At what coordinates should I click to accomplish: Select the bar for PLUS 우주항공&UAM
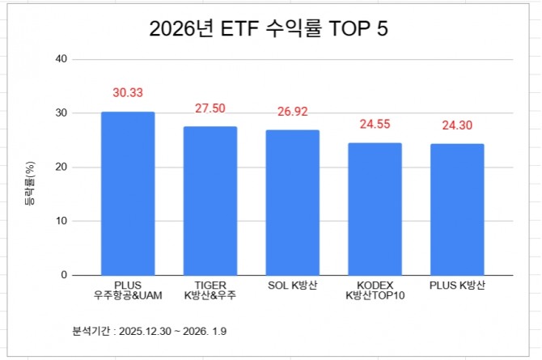(128, 193)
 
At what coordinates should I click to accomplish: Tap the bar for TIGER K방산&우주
(210, 201)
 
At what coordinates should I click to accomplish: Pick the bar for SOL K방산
(293, 202)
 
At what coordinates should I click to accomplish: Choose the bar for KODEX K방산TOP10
(375, 209)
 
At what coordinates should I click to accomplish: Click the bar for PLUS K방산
(457, 210)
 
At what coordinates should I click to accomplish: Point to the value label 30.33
(128, 94)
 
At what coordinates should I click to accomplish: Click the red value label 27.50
(210, 108)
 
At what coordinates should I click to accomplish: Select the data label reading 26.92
(293, 112)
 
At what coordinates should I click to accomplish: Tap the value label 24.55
(375, 125)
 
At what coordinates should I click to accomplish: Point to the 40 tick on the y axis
(60, 59)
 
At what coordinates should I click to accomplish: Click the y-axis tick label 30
(60, 113)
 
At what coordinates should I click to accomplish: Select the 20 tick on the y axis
(60, 167)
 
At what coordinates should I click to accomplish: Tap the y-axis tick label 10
(60, 221)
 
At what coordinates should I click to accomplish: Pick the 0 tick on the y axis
(63, 275)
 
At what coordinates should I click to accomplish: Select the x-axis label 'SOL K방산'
(293, 285)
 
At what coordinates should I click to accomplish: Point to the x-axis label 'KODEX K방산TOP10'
(375, 290)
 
